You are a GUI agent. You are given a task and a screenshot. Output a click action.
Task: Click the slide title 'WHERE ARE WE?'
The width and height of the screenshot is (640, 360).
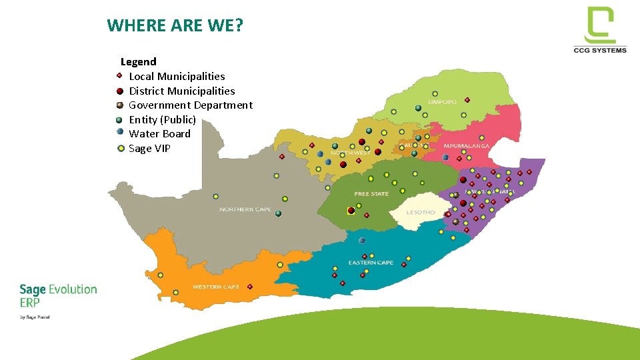click(175, 26)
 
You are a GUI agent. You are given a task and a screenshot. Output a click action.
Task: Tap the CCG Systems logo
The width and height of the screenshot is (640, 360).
click(599, 30)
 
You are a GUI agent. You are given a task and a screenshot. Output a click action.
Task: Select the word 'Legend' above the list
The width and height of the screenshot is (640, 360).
click(139, 62)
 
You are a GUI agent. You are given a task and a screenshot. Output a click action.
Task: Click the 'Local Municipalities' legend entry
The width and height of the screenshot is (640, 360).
click(177, 77)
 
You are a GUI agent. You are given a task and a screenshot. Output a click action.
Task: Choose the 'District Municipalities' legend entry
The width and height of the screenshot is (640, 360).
click(181, 91)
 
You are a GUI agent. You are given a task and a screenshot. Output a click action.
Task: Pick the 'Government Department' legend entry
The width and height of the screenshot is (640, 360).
click(190, 105)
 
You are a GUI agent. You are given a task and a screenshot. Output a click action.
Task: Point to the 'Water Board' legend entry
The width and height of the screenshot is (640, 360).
click(159, 134)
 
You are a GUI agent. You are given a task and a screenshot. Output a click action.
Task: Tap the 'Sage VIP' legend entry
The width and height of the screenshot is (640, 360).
click(149, 149)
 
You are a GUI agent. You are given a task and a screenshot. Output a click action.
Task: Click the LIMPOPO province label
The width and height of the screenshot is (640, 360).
click(442, 102)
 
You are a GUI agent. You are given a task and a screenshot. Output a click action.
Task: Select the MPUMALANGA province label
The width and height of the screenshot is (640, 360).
click(467, 145)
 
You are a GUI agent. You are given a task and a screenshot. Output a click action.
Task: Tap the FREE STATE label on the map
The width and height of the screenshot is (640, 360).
click(371, 194)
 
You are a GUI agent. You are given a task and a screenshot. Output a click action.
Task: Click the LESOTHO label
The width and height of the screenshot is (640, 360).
click(421, 213)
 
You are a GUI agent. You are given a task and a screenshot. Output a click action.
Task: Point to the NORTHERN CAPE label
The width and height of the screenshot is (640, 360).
click(245, 210)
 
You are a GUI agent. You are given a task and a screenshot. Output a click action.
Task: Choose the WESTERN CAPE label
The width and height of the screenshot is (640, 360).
click(215, 287)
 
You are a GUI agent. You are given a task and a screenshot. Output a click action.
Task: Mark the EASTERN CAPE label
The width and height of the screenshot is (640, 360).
click(371, 263)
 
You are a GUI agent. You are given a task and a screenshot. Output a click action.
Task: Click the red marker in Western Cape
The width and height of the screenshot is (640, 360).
click(250, 287)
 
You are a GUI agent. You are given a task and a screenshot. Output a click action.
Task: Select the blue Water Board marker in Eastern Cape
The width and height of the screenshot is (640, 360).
click(362, 241)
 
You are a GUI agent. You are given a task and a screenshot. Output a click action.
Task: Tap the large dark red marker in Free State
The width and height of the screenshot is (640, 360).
click(351, 211)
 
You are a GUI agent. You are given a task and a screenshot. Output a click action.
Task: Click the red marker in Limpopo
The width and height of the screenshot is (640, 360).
click(467, 100)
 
